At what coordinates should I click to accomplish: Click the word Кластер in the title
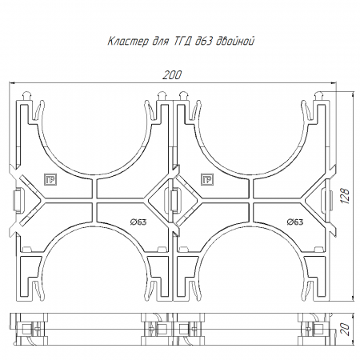pos(128,42)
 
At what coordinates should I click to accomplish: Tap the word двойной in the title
pos(235,41)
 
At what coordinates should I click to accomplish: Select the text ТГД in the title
pos(182,42)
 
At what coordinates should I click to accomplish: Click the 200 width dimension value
pos(172,75)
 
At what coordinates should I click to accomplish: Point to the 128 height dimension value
pos(345,196)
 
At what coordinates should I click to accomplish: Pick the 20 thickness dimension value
pos(345,330)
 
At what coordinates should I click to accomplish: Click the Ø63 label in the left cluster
pos(138,222)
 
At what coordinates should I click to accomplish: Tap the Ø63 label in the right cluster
pos(295,222)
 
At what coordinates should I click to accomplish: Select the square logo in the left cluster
pos(50,180)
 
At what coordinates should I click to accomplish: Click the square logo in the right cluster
pos(207,180)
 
